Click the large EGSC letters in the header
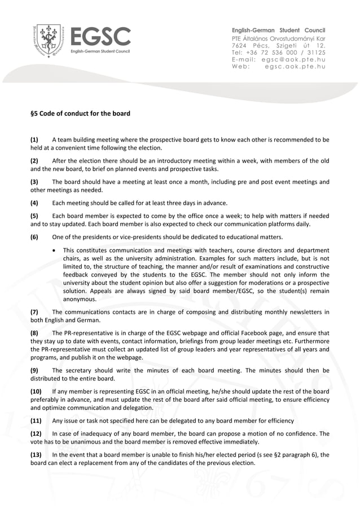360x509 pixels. click(100, 37)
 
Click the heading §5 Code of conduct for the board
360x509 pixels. click(80, 113)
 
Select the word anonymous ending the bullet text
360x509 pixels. click(80, 299)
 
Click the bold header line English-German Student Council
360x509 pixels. click(278, 30)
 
